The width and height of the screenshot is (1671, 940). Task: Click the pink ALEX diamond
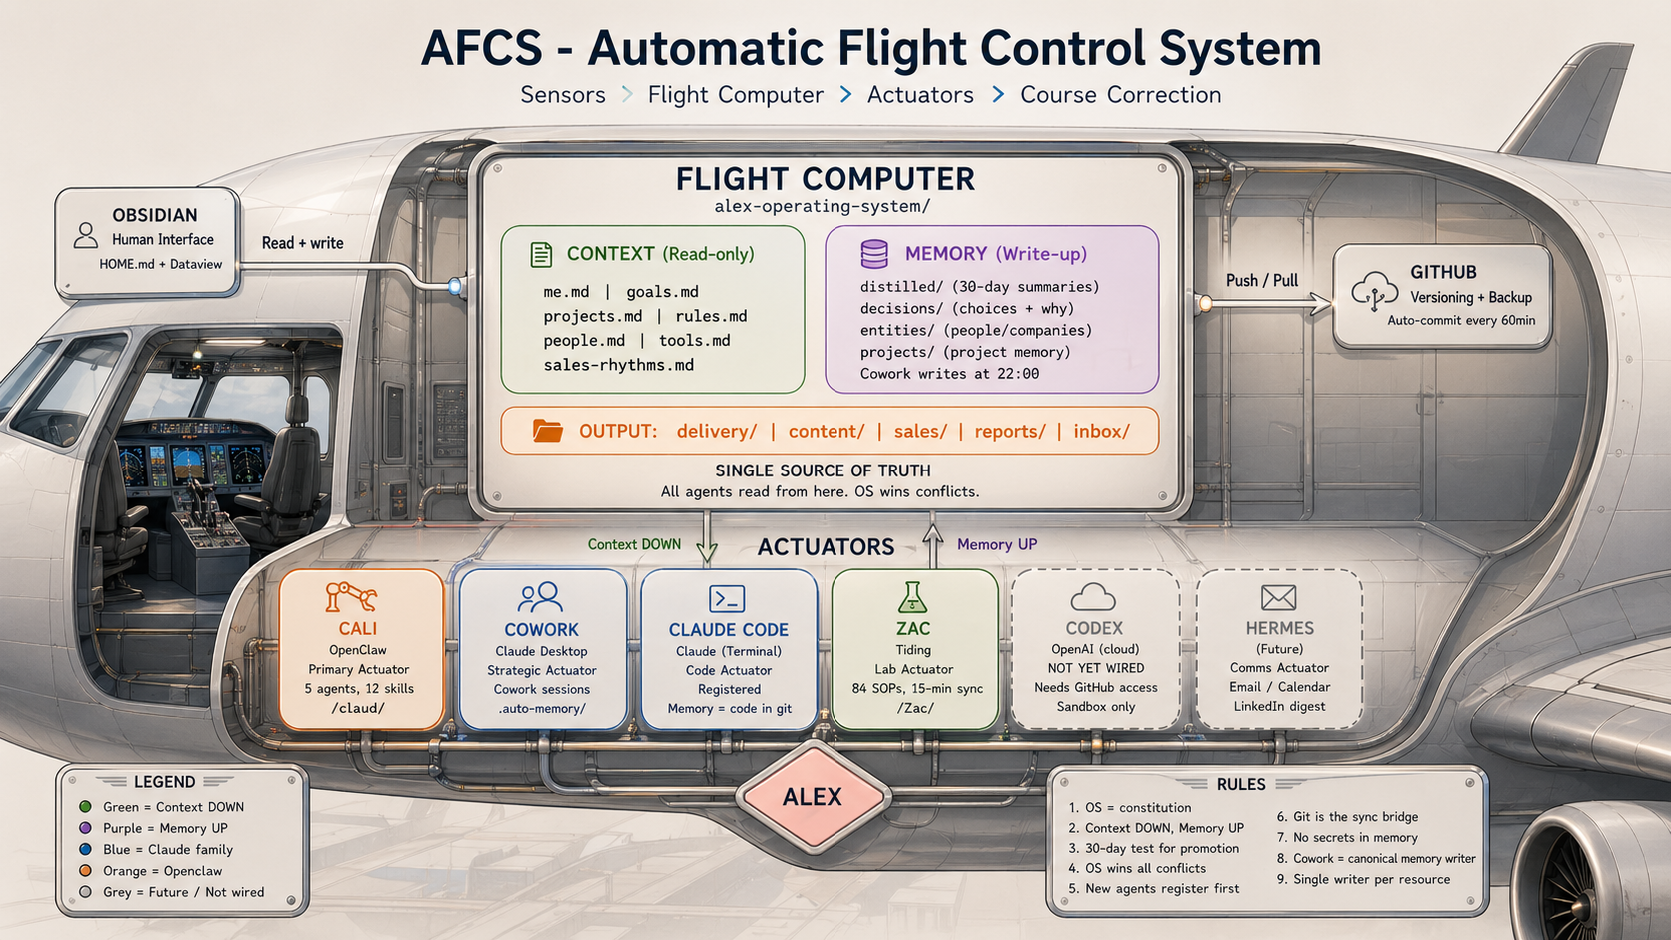(812, 797)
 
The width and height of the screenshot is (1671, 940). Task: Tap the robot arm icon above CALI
(351, 597)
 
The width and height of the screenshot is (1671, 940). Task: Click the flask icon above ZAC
(912, 597)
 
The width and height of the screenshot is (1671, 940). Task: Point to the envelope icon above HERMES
(1278, 597)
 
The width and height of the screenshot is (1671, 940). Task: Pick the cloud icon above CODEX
(1093, 597)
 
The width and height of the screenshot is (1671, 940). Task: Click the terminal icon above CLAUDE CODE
(727, 598)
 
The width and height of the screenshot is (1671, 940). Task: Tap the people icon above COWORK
(540, 597)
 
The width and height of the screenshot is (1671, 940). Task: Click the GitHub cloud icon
(1375, 291)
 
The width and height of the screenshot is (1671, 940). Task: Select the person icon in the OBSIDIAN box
(86, 236)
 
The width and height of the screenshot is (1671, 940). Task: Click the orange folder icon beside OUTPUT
(547, 431)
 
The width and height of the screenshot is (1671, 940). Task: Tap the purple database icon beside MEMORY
(874, 254)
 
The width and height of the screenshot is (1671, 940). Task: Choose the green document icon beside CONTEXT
(541, 254)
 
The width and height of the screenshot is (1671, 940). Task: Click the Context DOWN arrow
(707, 540)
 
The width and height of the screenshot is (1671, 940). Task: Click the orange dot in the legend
(86, 871)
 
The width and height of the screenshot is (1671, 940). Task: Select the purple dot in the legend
(86, 828)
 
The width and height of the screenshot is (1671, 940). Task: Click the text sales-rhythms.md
(618, 365)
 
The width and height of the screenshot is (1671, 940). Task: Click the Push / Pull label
(1262, 281)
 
